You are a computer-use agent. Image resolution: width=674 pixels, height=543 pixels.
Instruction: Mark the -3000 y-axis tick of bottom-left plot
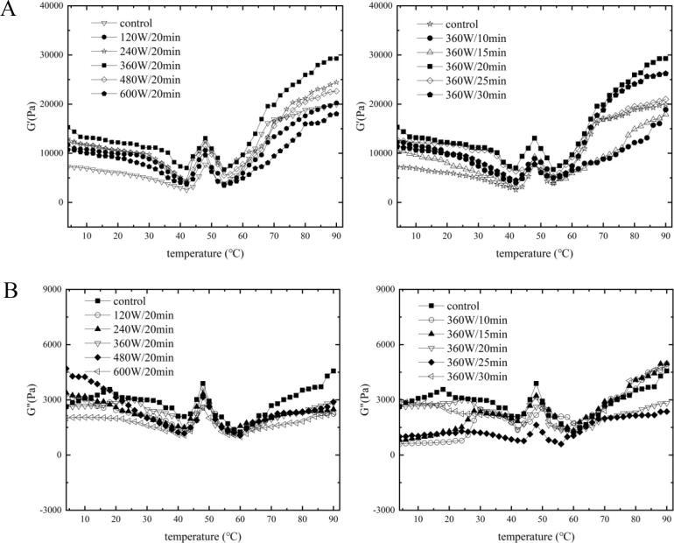(44, 510)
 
